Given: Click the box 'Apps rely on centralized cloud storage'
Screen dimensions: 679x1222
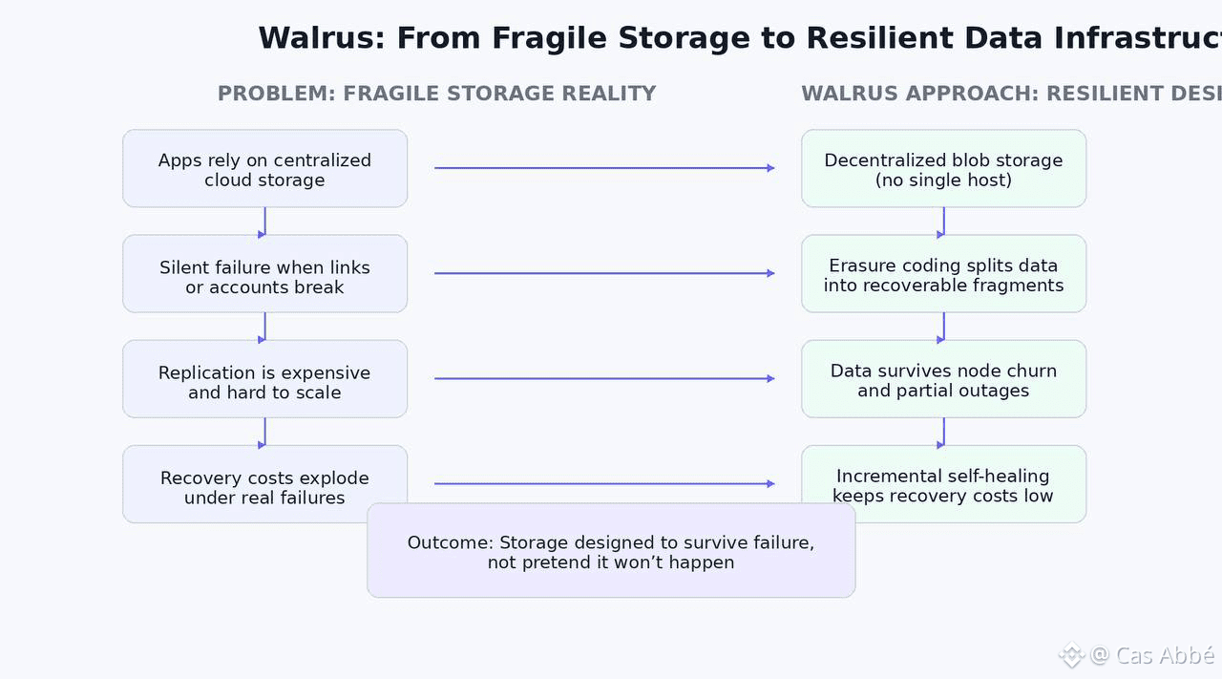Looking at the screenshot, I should [264, 169].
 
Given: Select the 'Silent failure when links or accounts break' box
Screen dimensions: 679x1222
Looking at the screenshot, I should [264, 274].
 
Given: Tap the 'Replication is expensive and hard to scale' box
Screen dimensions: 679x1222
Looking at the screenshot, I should [264, 379].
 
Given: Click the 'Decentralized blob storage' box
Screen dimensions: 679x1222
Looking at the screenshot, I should [943, 169].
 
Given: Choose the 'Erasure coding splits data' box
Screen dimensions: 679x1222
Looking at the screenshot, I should [943, 274].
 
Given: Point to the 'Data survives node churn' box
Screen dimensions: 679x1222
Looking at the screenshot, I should [943, 379].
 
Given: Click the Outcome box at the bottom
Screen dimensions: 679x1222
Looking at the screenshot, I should [611, 551].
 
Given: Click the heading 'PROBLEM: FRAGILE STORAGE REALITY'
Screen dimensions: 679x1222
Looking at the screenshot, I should [436, 94].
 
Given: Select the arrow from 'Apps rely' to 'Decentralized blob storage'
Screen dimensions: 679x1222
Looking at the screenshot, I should [603, 168].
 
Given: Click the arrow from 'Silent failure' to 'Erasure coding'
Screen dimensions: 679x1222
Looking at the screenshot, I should [603, 273].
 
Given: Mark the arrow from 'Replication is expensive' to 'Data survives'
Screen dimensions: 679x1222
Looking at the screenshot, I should [603, 379].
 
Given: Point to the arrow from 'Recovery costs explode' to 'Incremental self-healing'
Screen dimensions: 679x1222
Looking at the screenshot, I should [603, 484].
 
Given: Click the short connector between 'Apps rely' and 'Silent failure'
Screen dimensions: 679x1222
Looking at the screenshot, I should [264, 222].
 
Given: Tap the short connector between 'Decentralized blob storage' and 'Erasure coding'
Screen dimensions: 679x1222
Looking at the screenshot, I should [943, 222].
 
